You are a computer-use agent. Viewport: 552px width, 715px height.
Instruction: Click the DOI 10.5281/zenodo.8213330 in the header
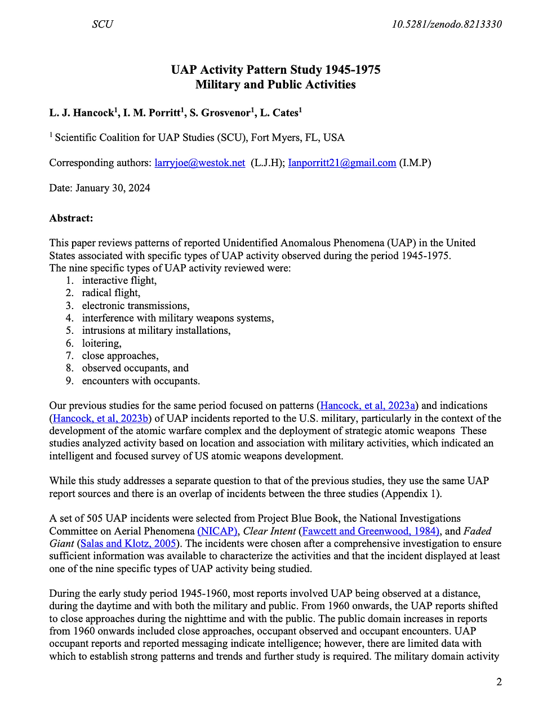coord(446,24)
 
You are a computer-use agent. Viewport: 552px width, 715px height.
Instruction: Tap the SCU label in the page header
coord(103,24)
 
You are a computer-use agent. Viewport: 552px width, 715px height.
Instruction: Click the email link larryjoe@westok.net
coord(200,163)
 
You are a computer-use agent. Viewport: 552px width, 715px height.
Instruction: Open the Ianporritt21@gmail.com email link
coord(342,163)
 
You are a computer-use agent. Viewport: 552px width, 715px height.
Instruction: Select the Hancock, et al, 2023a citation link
coord(368,405)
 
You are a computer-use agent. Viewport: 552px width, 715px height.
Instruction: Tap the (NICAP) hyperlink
coord(217,531)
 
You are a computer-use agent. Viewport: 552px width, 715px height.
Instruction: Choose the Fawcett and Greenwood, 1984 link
coord(371,531)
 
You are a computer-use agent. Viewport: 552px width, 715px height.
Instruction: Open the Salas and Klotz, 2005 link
coord(128,543)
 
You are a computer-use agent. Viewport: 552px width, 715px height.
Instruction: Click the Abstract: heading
coord(71,218)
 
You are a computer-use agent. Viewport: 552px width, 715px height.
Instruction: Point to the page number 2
coord(499,682)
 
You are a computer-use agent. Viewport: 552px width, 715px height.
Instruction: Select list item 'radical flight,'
coord(111,293)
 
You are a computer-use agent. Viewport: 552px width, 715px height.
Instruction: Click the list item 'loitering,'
coord(101,343)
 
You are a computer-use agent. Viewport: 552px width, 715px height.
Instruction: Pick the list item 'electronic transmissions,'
coord(136,306)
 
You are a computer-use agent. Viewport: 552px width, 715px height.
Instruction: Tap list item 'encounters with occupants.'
coord(141,381)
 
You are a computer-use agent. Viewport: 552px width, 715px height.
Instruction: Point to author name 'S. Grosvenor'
coord(219,113)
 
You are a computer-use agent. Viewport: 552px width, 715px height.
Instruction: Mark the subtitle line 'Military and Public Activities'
coord(275,84)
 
